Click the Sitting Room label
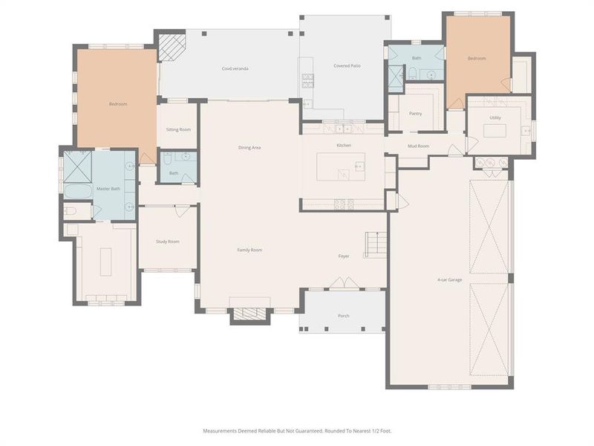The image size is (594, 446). tap(178, 129)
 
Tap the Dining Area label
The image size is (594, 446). tap(249, 148)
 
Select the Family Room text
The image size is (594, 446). tap(249, 250)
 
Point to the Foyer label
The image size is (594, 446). tap(344, 256)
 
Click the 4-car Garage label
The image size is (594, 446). tap(450, 280)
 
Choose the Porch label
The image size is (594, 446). tap(343, 316)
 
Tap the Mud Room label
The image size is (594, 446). tap(419, 146)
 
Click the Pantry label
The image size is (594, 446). tap(415, 114)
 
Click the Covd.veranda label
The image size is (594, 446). tap(235, 68)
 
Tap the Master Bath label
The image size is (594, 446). tap(108, 189)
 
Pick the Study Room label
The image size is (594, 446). tap(167, 242)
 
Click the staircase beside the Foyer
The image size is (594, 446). tap(375, 245)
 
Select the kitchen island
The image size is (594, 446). tap(341, 167)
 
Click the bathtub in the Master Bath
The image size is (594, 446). tap(77, 191)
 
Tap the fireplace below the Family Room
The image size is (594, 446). tap(244, 314)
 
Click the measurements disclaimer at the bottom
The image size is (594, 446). tap(297, 430)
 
